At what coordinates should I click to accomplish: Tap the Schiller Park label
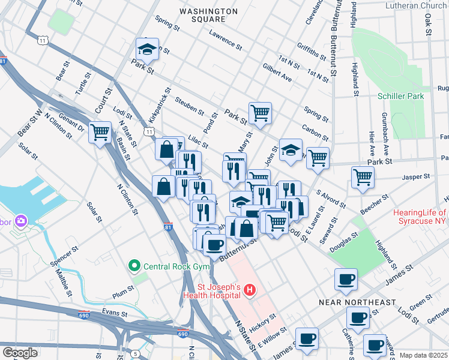[x=400, y=96]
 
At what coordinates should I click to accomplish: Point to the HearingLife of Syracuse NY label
[x=420, y=218]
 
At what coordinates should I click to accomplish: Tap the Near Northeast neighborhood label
[x=357, y=302]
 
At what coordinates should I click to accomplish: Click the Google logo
[x=20, y=353]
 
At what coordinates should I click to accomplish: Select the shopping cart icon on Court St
[x=100, y=132]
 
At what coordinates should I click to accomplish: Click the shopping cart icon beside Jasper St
[x=363, y=177]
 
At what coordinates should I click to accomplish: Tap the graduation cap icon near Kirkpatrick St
[x=146, y=49]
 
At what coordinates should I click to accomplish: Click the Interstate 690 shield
[x=183, y=334]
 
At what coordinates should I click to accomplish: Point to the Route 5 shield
[x=136, y=354]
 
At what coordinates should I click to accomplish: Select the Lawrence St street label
[x=225, y=40]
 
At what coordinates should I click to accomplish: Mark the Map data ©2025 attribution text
[x=423, y=355]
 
